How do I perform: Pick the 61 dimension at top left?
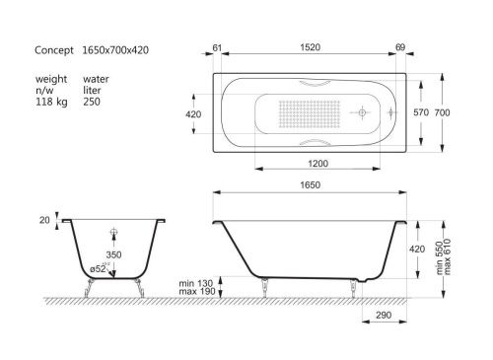217,45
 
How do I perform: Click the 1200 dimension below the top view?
316,161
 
